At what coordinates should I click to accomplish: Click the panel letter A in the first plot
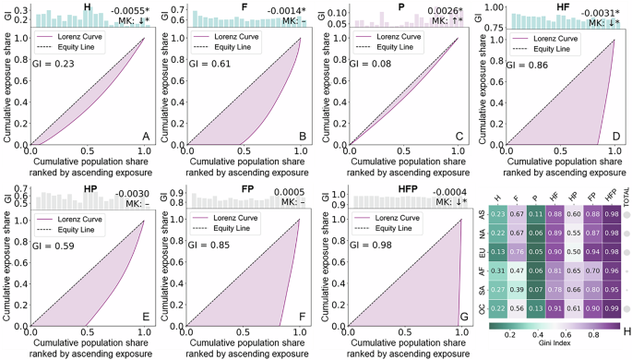click(x=145, y=137)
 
